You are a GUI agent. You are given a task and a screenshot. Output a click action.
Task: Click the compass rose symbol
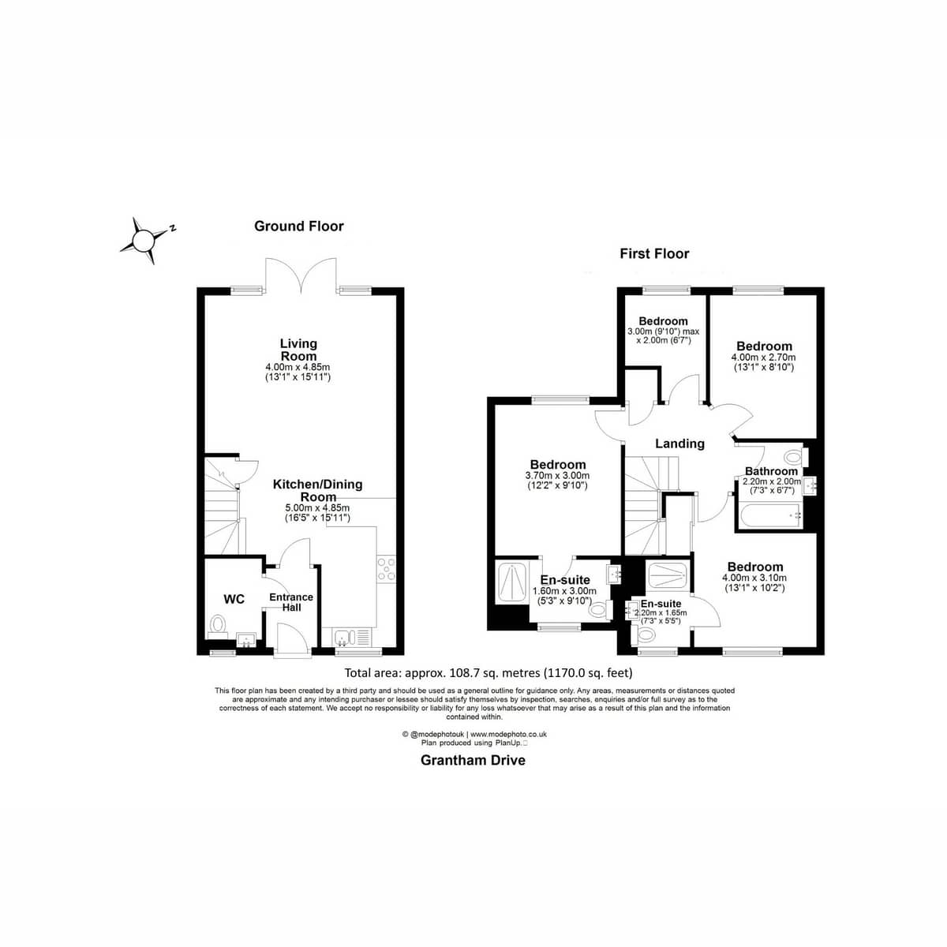click(144, 241)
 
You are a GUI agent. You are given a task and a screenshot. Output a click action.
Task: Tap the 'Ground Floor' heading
click(299, 226)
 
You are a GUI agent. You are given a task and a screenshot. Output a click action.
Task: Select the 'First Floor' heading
click(654, 253)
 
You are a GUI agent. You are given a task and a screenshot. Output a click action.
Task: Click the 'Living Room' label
click(298, 350)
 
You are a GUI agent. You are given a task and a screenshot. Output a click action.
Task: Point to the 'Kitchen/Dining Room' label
click(318, 490)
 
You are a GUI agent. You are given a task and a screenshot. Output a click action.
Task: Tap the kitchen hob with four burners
click(386, 569)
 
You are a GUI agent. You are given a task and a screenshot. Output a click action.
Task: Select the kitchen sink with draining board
click(352, 637)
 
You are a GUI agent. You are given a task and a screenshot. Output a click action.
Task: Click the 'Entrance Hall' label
click(291, 602)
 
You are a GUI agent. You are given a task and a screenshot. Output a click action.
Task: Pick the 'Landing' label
click(679, 444)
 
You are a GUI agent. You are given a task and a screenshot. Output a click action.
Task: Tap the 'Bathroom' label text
click(771, 471)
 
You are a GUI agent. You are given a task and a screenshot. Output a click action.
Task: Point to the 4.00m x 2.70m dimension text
click(763, 357)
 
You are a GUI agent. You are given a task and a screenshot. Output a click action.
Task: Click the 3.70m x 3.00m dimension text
click(557, 476)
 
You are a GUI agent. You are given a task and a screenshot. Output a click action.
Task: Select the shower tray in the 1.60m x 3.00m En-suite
click(511, 583)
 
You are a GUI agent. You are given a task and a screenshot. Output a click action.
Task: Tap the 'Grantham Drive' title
click(473, 760)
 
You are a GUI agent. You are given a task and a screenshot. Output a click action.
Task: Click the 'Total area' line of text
click(488, 672)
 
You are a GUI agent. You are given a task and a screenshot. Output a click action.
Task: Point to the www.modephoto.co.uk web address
click(508, 734)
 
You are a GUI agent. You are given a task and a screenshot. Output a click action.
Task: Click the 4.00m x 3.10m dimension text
click(754, 578)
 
